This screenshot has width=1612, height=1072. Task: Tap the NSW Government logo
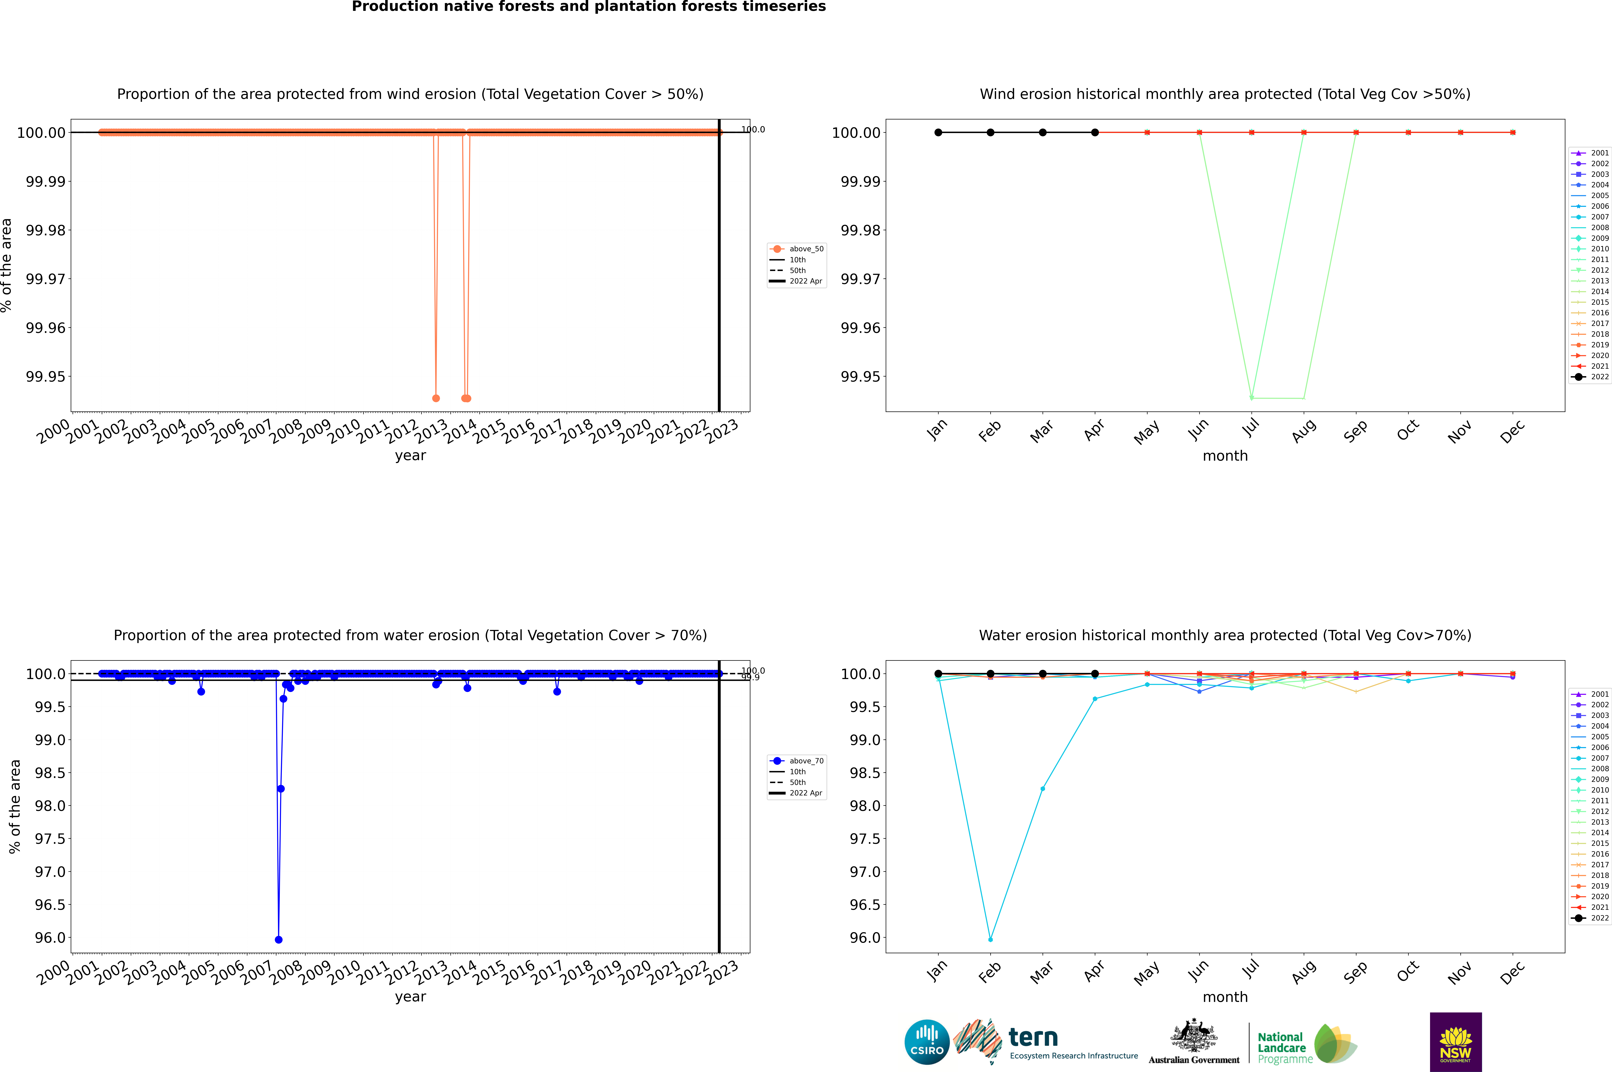pyautogui.click(x=1455, y=1042)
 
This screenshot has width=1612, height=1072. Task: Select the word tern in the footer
pyautogui.click(x=1033, y=1038)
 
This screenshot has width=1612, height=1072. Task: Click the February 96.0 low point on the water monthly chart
pyautogui.click(x=990, y=939)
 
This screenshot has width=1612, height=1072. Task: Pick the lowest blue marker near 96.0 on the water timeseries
pyautogui.click(x=278, y=939)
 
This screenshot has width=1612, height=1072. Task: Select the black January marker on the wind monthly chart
pyautogui.click(x=938, y=133)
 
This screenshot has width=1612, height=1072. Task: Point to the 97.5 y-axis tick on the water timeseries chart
pyautogui.click(x=50, y=839)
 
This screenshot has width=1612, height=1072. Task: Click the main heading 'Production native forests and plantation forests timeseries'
pyautogui.click(x=588, y=7)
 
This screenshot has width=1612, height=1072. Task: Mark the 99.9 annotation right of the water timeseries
pyautogui.click(x=750, y=678)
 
